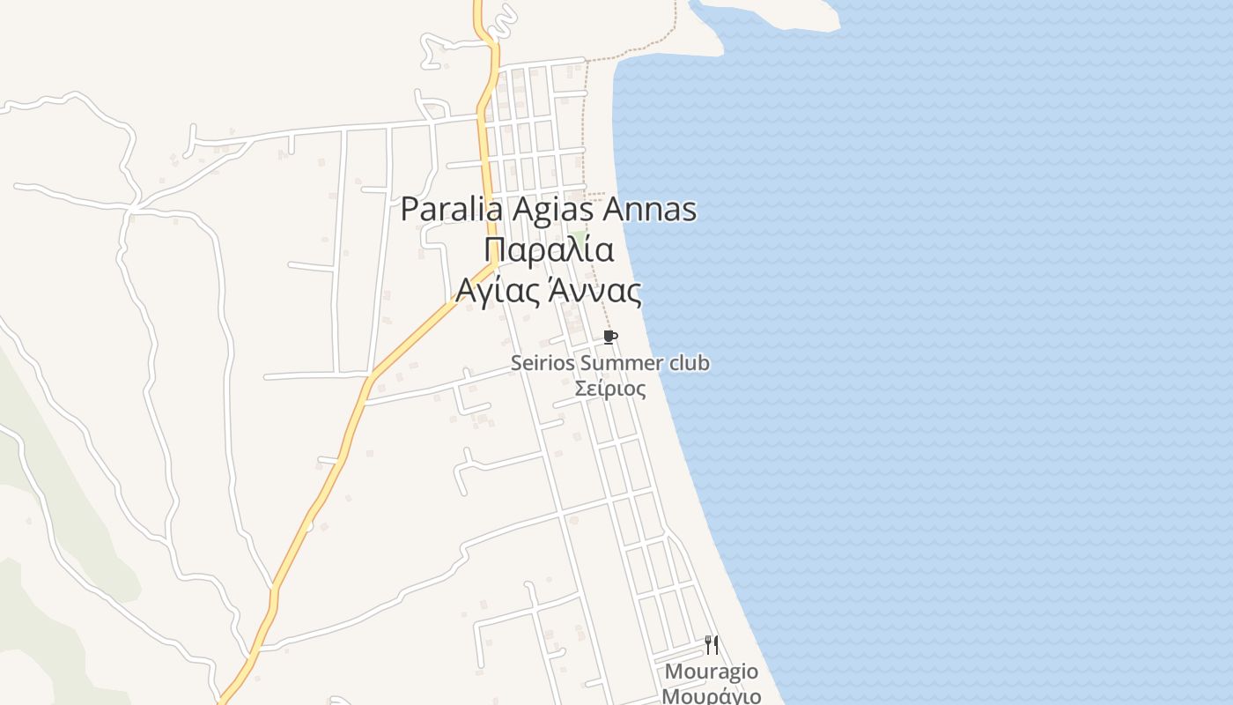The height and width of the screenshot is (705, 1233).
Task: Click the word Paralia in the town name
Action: [451, 210]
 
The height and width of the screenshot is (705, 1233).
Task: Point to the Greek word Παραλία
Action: [548, 249]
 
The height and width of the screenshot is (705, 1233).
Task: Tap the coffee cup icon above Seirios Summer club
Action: [609, 338]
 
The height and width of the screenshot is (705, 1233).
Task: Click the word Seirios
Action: [543, 363]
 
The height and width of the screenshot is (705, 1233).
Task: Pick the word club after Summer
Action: [689, 363]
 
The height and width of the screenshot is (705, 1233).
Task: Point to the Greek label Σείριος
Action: [609, 388]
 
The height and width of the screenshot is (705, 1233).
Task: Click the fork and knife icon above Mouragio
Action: [712, 645]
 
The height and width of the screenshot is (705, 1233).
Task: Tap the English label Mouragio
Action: [712, 672]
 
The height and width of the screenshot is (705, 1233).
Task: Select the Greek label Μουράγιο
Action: [712, 696]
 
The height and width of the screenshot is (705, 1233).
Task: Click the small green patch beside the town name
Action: [579, 234]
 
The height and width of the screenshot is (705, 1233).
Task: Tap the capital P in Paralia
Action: [410, 210]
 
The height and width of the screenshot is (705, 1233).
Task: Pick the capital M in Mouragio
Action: [674, 672]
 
